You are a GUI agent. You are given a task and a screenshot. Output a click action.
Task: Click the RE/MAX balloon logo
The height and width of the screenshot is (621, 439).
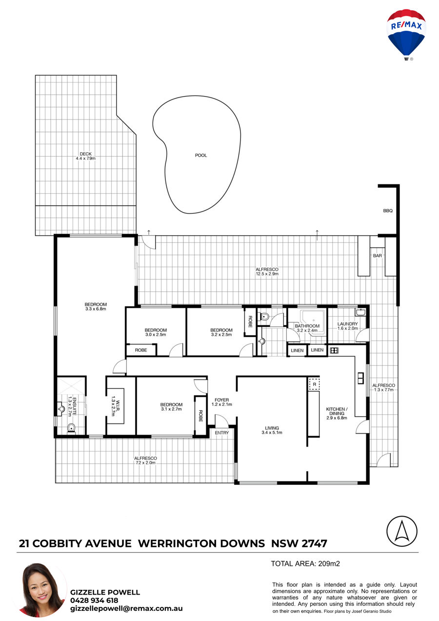406,34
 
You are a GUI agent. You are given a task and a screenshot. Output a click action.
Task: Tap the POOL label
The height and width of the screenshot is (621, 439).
201,156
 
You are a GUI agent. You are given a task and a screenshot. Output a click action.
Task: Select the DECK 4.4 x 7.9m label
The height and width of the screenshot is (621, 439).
86,156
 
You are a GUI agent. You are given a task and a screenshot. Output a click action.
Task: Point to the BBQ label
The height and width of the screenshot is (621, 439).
388,211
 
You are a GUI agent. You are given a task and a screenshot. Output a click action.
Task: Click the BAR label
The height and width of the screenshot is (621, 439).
378,256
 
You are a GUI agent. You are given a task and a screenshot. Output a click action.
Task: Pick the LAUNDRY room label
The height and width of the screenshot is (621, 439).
347,326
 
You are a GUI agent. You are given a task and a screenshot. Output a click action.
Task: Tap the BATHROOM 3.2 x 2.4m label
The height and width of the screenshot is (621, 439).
307,328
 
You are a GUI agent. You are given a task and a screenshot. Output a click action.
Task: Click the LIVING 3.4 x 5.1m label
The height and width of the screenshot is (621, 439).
272,430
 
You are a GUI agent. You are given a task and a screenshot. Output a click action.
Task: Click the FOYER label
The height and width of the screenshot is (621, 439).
222,400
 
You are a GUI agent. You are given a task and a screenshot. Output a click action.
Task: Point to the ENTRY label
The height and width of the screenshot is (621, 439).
222,433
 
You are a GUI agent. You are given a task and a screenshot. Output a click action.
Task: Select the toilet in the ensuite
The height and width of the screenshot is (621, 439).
72,428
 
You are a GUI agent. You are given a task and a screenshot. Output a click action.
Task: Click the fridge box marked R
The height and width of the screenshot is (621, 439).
314,384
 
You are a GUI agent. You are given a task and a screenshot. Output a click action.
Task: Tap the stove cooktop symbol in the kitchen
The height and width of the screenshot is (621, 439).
334,350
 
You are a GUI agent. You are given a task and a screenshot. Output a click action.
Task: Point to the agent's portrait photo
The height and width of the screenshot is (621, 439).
42,590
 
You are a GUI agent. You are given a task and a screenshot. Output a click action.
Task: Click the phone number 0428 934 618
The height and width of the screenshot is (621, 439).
94,600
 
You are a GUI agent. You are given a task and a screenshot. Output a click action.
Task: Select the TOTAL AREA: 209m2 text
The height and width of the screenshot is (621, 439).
305,563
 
